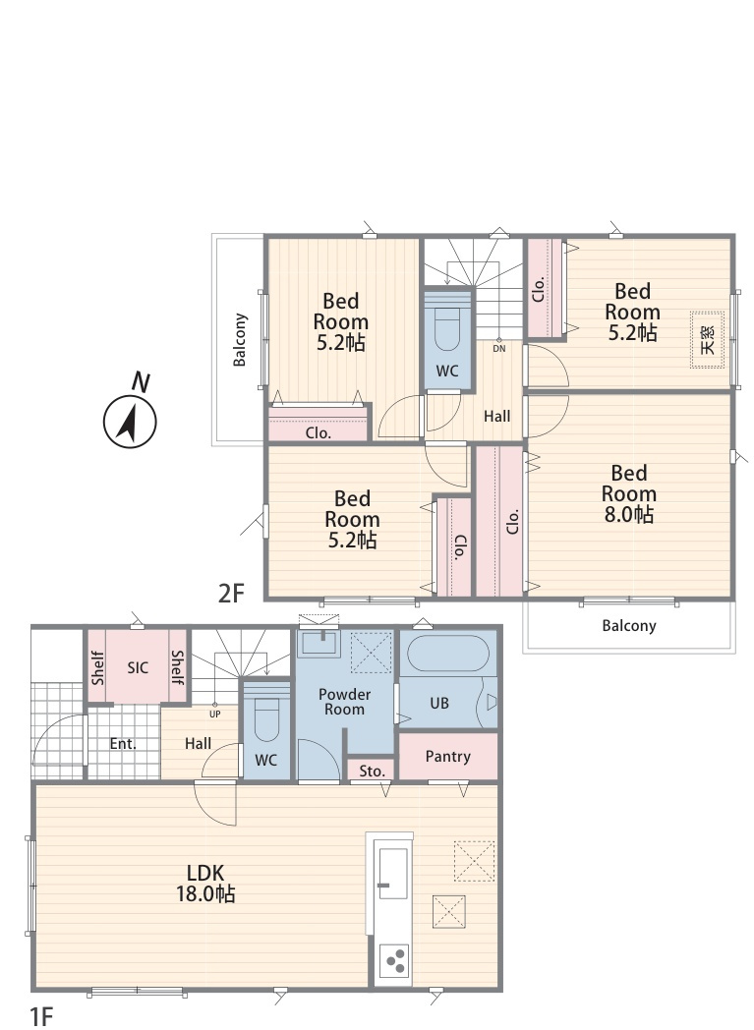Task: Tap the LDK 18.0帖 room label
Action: [205, 883]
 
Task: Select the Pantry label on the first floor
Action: [448, 756]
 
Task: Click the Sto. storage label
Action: [373, 772]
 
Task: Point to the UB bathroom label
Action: [439, 703]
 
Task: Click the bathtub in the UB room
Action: [448, 653]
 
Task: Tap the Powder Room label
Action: [344, 702]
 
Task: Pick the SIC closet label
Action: [138, 668]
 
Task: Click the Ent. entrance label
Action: [123, 744]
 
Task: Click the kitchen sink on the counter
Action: [393, 873]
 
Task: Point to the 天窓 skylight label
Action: [708, 340]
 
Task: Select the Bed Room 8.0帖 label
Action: [628, 493]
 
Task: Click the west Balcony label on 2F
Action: [240, 340]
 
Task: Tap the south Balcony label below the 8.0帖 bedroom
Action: [629, 625]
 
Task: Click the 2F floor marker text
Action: [231, 594]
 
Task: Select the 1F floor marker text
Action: [40, 1016]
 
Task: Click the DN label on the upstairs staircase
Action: [499, 349]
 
